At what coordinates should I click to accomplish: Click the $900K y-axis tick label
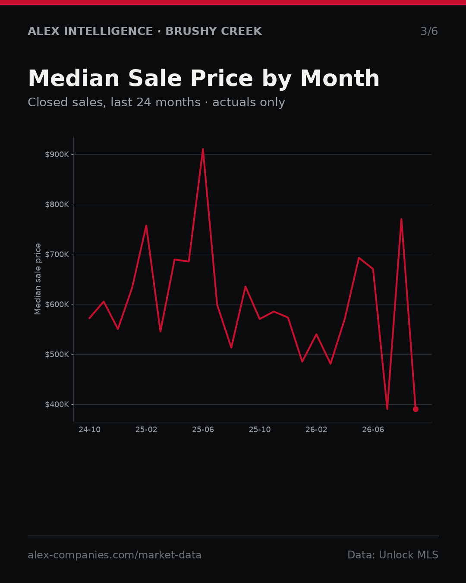point(57,155)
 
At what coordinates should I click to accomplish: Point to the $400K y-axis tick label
point(57,405)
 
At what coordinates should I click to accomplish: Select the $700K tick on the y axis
point(57,254)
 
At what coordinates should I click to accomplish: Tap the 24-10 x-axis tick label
point(90,429)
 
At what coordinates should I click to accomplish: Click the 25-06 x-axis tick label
point(203,429)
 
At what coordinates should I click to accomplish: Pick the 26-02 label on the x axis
point(316,429)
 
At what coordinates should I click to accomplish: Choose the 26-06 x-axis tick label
point(373,429)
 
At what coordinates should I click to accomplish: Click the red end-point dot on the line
point(416,409)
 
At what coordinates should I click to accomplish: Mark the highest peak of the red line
point(203,149)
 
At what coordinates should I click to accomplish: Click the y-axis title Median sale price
point(38,279)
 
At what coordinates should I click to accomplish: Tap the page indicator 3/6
point(429,31)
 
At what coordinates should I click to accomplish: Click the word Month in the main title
point(340,78)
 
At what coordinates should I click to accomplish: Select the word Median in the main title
point(74,78)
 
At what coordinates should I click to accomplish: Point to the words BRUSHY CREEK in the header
point(214,31)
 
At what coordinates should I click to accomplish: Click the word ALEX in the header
point(44,31)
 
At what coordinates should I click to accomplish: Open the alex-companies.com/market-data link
point(114,555)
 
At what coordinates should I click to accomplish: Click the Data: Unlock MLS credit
point(393,555)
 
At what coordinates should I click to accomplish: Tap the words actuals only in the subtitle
point(249,102)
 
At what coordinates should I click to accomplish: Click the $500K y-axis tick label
point(57,355)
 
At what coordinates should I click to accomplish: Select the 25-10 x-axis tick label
point(260,429)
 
